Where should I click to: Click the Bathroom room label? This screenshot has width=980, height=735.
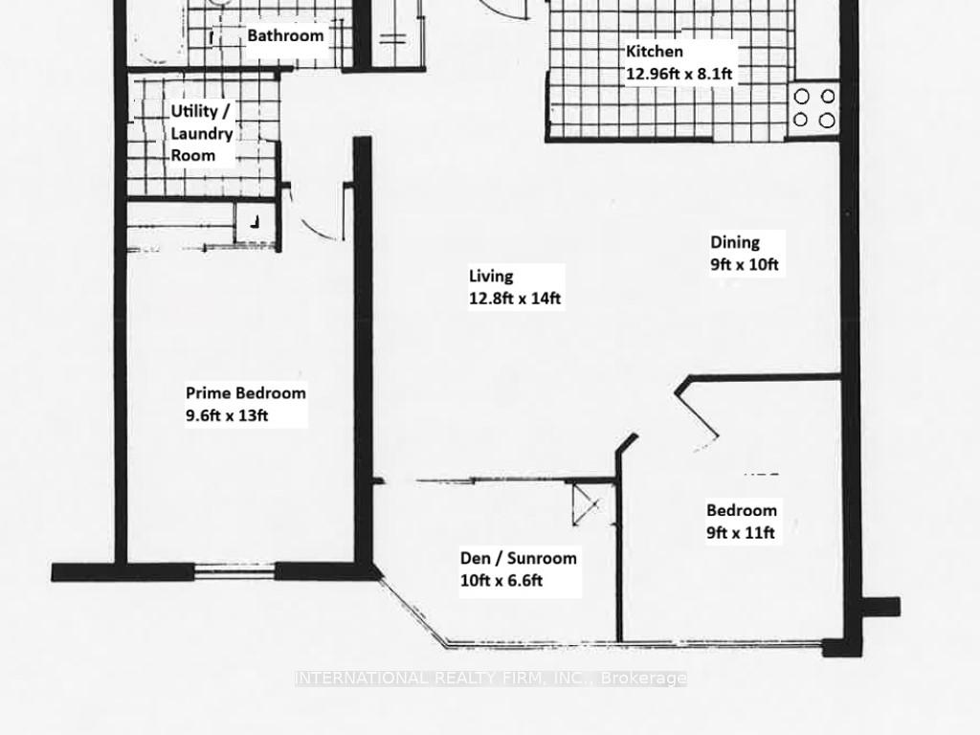point(285,36)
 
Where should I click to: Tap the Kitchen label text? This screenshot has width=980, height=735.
point(655,52)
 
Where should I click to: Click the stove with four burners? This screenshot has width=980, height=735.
point(814,108)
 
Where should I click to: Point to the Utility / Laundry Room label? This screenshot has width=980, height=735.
point(201,132)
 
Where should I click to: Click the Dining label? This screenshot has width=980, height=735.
point(734,242)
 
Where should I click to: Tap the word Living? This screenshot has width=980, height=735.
point(491,276)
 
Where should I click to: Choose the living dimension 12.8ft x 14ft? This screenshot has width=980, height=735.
point(514,299)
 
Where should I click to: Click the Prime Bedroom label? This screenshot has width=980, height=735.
point(246,392)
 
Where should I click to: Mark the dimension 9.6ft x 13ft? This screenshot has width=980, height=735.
point(227,415)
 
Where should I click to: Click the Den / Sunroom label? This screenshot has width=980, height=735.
point(518,558)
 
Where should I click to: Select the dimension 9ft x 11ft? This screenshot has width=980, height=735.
point(740,533)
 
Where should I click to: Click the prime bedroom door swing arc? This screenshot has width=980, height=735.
point(316,230)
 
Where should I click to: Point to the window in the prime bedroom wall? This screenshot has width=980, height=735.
point(237,572)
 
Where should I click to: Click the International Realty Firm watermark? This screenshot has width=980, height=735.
point(490,679)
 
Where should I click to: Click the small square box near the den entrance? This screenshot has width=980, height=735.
point(583,502)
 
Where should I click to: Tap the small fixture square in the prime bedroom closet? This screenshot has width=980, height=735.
point(255,222)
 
